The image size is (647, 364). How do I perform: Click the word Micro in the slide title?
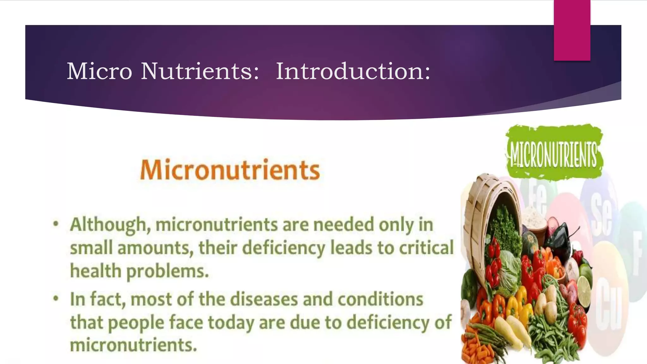click(99, 71)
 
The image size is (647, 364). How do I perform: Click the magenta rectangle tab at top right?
click(572, 30)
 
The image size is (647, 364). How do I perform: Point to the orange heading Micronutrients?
click(230, 170)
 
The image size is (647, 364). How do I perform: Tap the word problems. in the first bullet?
click(167, 271)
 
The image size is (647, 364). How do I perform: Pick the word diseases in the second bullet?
click(264, 299)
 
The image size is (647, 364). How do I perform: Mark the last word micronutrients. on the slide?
click(133, 345)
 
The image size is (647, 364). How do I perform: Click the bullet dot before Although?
click(56, 224)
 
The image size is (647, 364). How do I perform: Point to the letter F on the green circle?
click(637, 253)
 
